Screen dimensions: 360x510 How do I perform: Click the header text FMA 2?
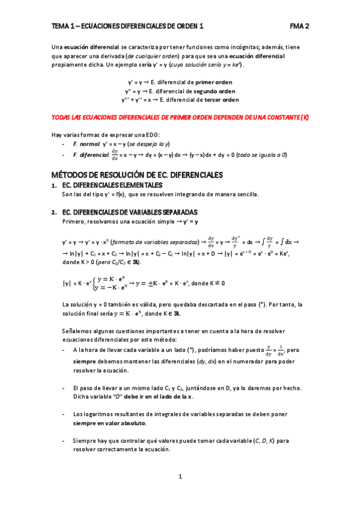point(299,26)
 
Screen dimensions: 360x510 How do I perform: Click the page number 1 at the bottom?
point(180,477)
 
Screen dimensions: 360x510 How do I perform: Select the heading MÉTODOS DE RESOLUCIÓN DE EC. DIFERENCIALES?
point(138,174)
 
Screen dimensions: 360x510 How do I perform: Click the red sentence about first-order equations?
point(180,118)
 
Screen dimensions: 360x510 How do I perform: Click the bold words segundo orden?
point(214,91)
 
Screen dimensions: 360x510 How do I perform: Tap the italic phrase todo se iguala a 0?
point(263,155)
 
